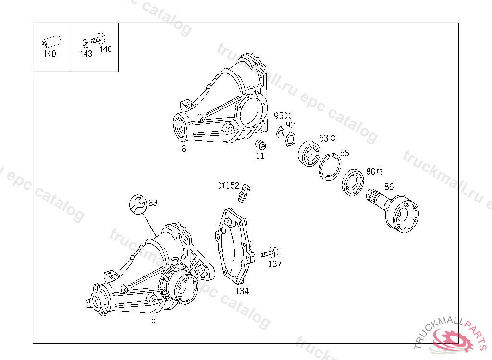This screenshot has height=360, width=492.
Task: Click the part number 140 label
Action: point(49,54)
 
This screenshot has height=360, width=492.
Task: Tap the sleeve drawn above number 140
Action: point(51,42)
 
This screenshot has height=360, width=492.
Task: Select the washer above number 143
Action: point(85,44)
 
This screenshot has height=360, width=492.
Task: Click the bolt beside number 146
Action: point(98,39)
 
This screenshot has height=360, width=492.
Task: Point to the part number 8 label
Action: point(184,149)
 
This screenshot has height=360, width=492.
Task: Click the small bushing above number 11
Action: point(260,145)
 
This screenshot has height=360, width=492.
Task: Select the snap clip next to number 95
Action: point(280,132)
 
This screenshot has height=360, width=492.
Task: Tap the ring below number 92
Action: point(291,139)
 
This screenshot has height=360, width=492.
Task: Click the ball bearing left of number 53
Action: point(309,153)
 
